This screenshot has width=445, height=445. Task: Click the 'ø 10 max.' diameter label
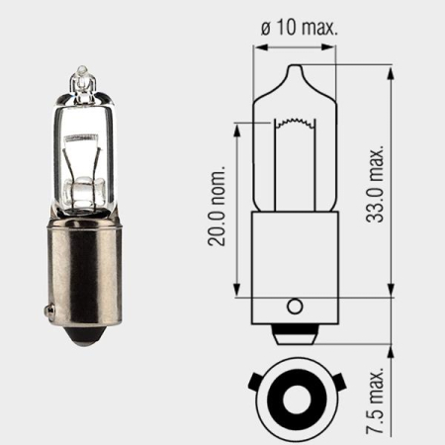(299, 28)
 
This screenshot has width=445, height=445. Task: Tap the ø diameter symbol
(266, 28)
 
